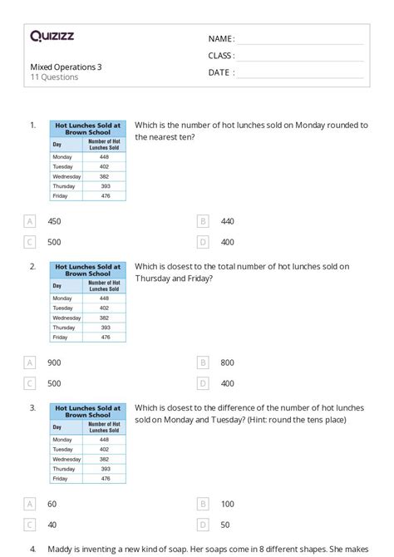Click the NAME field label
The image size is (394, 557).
[221, 38]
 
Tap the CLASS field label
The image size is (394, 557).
[221, 56]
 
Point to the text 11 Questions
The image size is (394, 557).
[54, 77]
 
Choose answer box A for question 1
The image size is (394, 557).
[30, 221]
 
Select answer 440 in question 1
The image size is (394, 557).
[228, 221]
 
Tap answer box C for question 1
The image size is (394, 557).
[30, 242]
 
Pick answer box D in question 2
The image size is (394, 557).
[202, 383]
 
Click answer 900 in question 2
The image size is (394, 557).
[54, 362]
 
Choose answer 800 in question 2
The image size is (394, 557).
[228, 362]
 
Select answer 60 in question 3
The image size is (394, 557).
[52, 504]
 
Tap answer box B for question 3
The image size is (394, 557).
[202, 504]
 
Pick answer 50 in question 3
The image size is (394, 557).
[226, 525]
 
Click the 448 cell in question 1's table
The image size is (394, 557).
[104, 156]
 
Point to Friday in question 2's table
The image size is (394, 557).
[60, 338]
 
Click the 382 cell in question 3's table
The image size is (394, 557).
[104, 459]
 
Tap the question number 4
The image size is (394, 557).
[32, 550]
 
